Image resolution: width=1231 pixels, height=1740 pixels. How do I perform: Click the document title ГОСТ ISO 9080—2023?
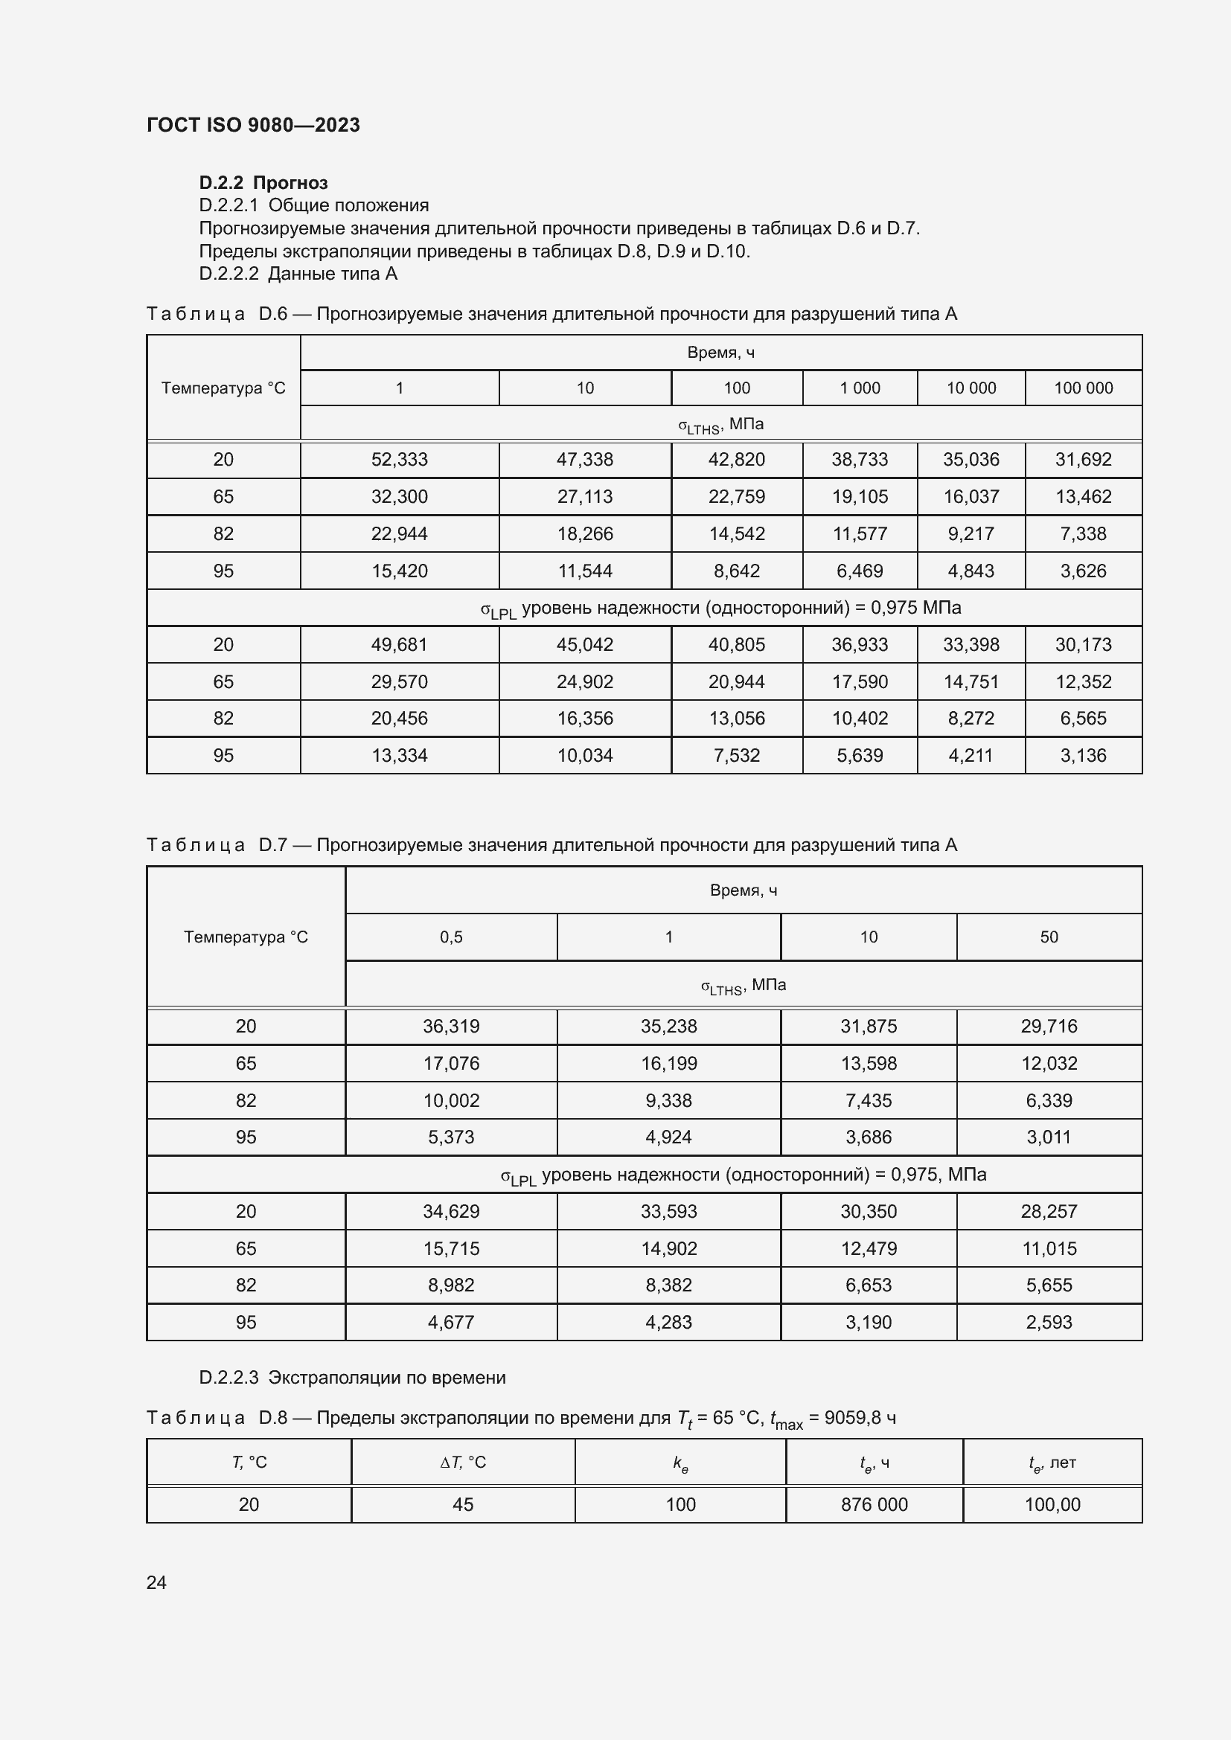coord(253,125)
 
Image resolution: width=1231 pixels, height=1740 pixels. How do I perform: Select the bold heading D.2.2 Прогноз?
coord(263,183)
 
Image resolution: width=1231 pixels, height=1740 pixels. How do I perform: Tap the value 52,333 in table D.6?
coord(400,459)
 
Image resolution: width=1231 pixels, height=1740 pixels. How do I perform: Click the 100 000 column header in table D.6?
coord(1083,388)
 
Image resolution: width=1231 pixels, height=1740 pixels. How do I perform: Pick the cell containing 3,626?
coord(1083,571)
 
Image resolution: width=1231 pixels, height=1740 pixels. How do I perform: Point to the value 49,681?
coord(400,644)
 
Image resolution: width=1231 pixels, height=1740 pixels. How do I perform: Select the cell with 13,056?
coord(736,718)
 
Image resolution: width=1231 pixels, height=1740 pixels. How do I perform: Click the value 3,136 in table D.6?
coord(1083,755)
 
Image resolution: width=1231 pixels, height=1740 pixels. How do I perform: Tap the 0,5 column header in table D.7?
coord(451,937)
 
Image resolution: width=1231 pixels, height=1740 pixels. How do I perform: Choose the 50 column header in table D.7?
coord(1049,937)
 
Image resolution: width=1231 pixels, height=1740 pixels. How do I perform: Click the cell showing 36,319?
coord(451,1026)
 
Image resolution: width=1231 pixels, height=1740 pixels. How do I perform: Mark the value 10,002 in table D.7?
coord(451,1100)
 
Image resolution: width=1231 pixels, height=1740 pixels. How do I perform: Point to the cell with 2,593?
coord(1049,1323)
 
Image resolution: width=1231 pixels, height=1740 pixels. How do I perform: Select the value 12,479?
coord(868,1248)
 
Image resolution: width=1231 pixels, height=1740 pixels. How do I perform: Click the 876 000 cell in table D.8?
coord(874,1504)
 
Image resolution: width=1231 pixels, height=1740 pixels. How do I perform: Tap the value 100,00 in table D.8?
coord(1052,1504)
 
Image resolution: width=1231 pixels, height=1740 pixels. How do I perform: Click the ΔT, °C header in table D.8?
coord(462,1462)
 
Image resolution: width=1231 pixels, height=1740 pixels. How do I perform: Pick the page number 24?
coord(156,1582)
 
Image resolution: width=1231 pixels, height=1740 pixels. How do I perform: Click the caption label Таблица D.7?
coord(217,845)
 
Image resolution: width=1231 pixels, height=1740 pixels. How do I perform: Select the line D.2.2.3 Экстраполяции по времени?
coord(352,1378)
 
